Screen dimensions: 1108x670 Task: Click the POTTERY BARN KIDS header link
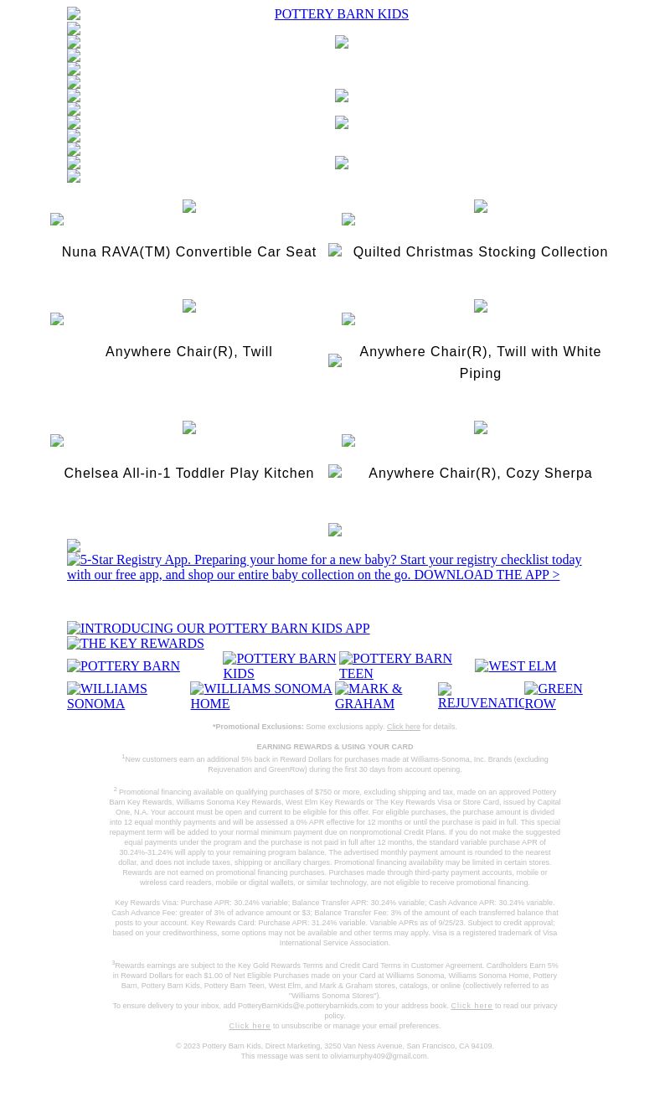pyautogui.click(x=341, y=14)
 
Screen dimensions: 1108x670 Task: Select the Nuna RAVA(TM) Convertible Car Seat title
pyautogui.click(x=188, y=252)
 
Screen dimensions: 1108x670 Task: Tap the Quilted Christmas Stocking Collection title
pyautogui.click(x=480, y=252)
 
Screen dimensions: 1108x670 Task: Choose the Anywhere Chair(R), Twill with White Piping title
pyautogui.click(x=480, y=362)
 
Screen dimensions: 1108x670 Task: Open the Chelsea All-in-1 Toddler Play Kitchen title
pyautogui.click(x=188, y=474)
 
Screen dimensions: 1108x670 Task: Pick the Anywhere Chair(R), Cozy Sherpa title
pyautogui.click(x=480, y=474)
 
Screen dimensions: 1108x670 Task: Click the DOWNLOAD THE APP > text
pyautogui.click(x=486, y=575)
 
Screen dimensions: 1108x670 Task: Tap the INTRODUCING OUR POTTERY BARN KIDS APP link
pyautogui.click(x=218, y=629)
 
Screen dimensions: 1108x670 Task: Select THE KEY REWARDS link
pyautogui.click(x=136, y=644)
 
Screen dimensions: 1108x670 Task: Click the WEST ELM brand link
pyautogui.click(x=515, y=666)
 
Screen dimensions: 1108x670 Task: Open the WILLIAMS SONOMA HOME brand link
pyautogui.click(x=261, y=696)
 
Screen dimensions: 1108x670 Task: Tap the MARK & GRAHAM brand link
pyautogui.click(x=385, y=696)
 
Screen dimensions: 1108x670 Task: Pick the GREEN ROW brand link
pyautogui.click(x=554, y=696)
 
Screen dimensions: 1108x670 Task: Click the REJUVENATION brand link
pyautogui.click(x=481, y=696)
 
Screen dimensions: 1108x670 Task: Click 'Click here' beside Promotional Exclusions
pyautogui.click(x=403, y=727)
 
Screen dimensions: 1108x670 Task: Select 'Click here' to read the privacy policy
pyautogui.click(x=472, y=1006)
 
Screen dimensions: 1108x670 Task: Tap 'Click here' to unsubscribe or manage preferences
pyautogui.click(x=250, y=1026)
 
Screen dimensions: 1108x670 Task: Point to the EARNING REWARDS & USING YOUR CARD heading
pyautogui.click(x=334, y=747)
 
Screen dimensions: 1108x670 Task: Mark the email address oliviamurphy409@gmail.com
pyautogui.click(x=379, y=1056)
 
